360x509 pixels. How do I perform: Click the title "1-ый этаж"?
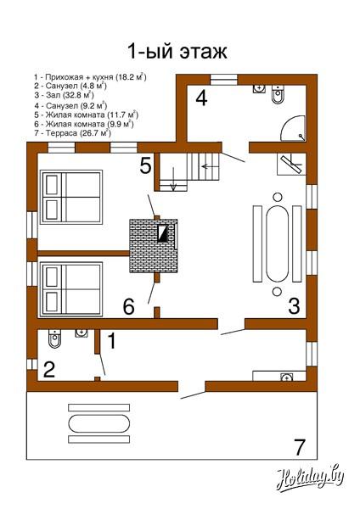(x=177, y=51)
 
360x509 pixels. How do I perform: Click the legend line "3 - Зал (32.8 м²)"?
(x=64, y=95)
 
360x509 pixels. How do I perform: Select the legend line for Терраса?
(x=72, y=133)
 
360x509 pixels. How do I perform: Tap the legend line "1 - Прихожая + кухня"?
(x=90, y=77)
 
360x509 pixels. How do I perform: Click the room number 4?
(x=201, y=98)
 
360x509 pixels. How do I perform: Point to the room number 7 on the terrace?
(x=299, y=447)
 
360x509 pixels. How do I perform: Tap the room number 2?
(x=49, y=369)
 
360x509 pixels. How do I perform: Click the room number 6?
(x=129, y=306)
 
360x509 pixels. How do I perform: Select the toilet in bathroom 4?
(x=278, y=94)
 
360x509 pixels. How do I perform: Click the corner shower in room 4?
(x=293, y=128)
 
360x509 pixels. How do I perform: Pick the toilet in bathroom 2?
(x=54, y=338)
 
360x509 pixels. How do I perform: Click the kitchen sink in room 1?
(x=286, y=378)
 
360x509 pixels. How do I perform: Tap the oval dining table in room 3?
(x=277, y=243)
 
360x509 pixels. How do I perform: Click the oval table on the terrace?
(x=99, y=423)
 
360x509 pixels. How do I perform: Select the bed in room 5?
(x=71, y=197)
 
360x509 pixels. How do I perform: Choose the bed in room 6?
(x=71, y=289)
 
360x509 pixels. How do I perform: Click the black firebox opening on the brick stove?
(x=162, y=233)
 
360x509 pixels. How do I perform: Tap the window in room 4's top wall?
(x=224, y=80)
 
